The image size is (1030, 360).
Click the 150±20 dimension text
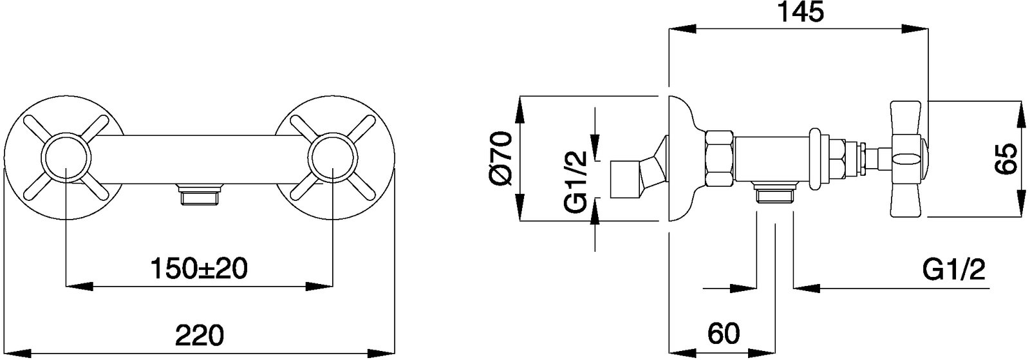click(199, 269)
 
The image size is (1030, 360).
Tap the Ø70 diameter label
click(500, 158)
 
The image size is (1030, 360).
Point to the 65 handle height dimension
click(1007, 158)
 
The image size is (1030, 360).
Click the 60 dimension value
click(724, 334)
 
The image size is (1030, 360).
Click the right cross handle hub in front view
click(332, 157)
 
